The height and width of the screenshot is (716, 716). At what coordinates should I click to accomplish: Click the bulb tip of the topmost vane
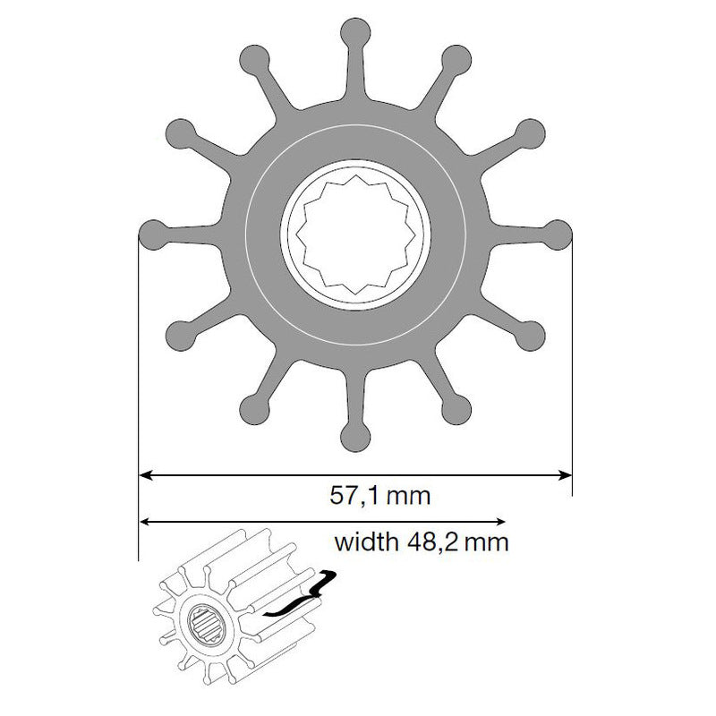click(x=356, y=31)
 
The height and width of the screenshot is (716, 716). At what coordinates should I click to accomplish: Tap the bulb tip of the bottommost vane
click(x=356, y=436)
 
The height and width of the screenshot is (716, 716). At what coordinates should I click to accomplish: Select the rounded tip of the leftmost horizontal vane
click(x=153, y=234)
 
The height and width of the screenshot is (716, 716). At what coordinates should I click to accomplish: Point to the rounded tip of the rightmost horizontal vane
click(x=558, y=234)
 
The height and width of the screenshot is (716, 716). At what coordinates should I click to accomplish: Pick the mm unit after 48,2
click(x=484, y=542)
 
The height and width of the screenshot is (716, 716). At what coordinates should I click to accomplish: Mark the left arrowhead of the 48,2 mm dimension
click(x=145, y=521)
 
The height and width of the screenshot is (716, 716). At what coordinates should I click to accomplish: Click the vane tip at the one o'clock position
click(x=456, y=59)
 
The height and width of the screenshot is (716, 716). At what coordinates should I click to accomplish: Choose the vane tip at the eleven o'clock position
click(x=255, y=59)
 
